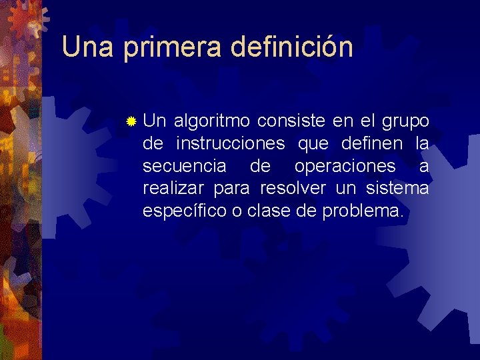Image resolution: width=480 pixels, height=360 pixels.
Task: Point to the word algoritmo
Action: (x=212, y=121)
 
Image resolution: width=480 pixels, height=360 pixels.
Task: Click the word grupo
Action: (x=405, y=121)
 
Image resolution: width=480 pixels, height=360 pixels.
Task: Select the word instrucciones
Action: (x=231, y=143)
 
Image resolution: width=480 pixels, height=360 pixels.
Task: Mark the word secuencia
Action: (x=184, y=166)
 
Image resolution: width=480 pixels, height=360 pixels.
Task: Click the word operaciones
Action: (x=345, y=167)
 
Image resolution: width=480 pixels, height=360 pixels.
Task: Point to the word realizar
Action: (x=175, y=189)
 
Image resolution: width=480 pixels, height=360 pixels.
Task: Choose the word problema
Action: (x=362, y=212)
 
